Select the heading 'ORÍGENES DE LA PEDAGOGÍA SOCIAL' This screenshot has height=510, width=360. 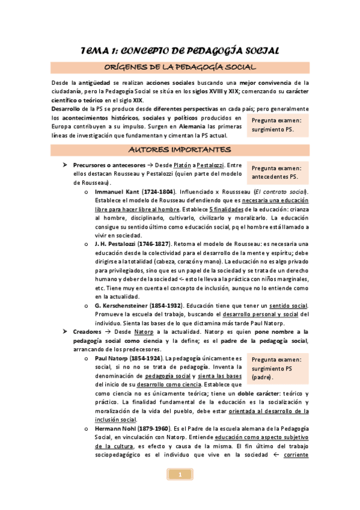click(x=180, y=67)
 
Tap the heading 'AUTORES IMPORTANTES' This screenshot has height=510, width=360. click(x=180, y=149)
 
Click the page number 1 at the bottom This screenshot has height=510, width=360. click(x=180, y=475)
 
